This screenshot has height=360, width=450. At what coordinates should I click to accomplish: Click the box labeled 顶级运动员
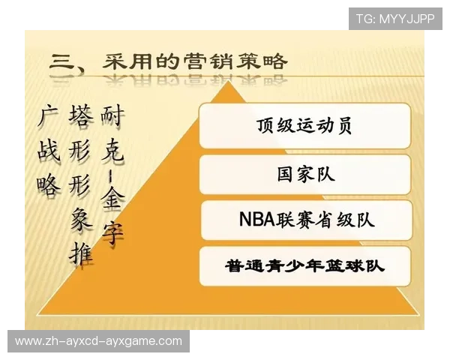304,126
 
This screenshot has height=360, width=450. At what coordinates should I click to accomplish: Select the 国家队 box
304,174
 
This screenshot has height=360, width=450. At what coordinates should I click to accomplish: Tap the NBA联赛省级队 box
305,220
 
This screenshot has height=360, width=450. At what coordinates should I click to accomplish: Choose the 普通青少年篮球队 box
305,265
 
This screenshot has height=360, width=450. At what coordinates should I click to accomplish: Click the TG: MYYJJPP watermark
395,19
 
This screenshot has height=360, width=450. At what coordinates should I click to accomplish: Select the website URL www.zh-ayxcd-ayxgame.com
98,341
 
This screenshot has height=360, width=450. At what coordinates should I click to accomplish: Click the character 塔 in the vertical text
81,118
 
